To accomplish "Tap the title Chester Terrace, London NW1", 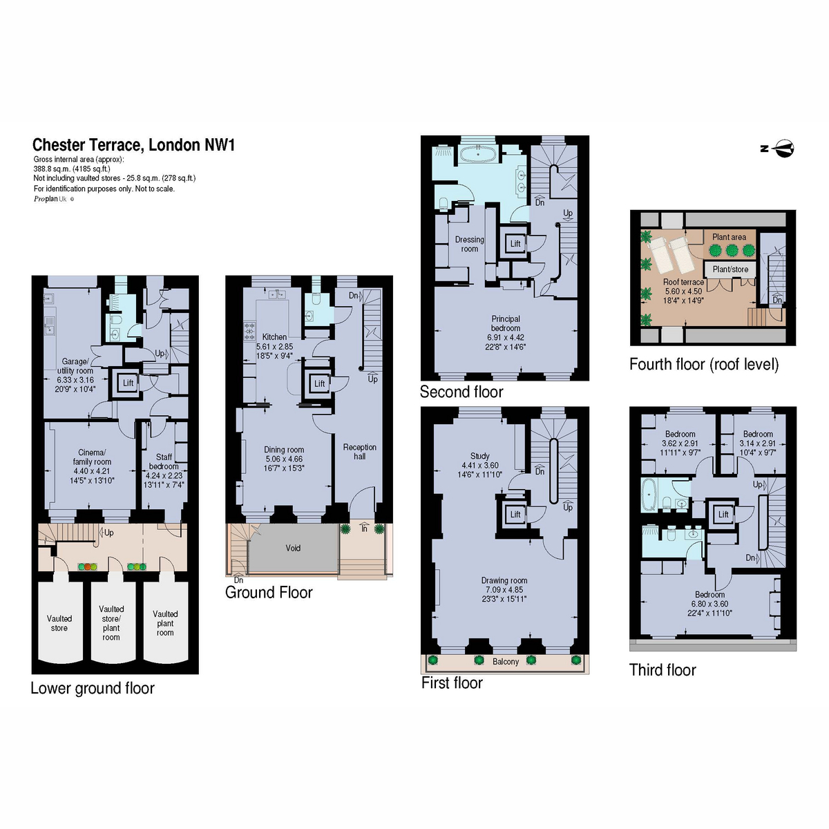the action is (134, 145).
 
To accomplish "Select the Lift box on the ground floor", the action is (319, 383).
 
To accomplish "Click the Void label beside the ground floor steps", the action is (293, 548).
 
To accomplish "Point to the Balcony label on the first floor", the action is (506, 662).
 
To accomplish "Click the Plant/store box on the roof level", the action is (730, 269).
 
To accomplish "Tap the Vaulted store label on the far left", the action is (59, 623).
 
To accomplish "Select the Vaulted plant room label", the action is (165, 623).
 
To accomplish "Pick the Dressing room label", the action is (469, 244).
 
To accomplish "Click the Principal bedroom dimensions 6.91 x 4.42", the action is (506, 338).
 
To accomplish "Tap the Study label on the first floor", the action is (479, 456).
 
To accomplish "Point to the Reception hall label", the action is (360, 452).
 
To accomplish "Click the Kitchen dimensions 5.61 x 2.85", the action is (274, 346).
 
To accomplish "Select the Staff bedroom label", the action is (164, 461).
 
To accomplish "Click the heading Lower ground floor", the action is (93, 688).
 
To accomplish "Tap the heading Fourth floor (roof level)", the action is (704, 364).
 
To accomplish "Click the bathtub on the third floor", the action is (649, 495).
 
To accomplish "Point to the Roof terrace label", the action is (684, 283).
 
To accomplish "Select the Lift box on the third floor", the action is (723, 514).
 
